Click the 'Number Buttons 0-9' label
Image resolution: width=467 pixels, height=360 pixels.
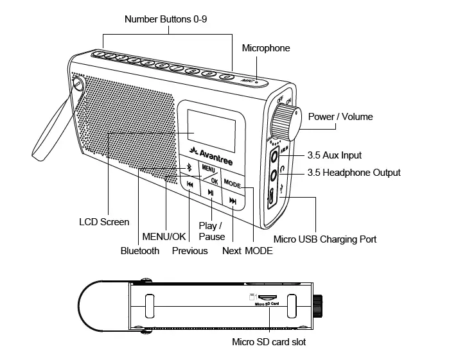click(x=166, y=19)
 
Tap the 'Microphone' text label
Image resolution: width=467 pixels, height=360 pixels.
click(x=265, y=48)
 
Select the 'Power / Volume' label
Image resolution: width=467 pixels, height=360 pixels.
click(x=340, y=117)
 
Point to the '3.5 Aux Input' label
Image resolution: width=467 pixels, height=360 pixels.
click(x=334, y=155)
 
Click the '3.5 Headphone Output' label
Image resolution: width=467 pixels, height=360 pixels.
click(x=353, y=173)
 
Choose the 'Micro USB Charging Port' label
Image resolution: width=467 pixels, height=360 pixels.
click(x=325, y=239)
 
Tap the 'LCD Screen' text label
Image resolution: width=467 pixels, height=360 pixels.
click(x=104, y=222)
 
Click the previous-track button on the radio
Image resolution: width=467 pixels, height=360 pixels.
click(x=190, y=185)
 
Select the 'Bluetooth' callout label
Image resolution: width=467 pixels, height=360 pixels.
click(x=140, y=251)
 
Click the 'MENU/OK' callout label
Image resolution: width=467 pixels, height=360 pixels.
click(x=164, y=236)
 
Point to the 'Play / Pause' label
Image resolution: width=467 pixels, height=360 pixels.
click(x=211, y=231)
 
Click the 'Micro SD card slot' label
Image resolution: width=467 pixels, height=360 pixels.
click(x=269, y=342)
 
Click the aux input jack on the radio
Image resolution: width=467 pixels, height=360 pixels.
click(x=276, y=155)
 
